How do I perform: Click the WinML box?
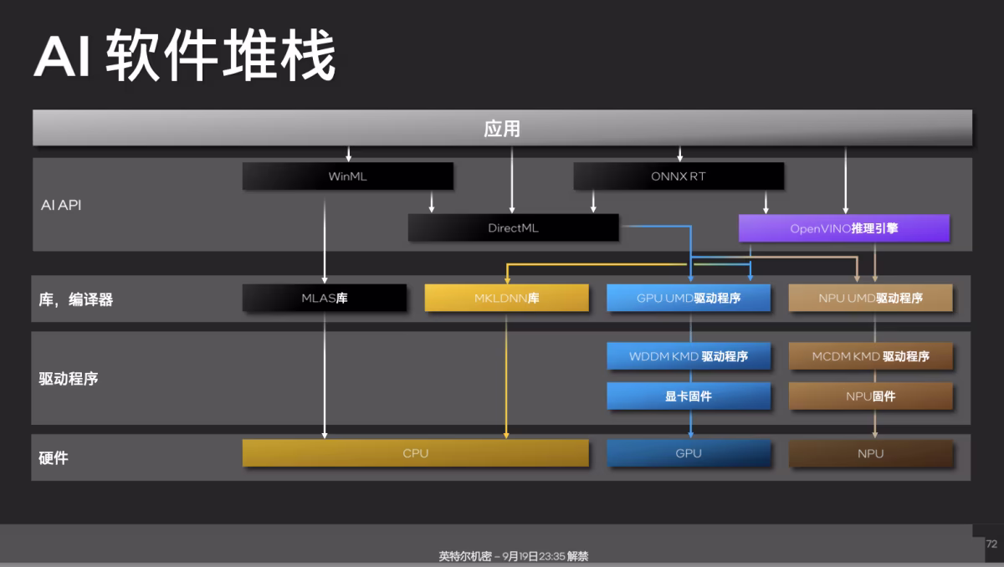tap(348, 176)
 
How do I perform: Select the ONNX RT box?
tap(679, 176)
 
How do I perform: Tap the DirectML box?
tap(513, 228)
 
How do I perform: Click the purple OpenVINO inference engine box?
tap(844, 228)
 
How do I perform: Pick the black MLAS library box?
tap(325, 298)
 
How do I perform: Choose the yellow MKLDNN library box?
tap(506, 298)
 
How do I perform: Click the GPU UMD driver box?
tap(689, 298)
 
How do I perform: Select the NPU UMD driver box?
tap(870, 298)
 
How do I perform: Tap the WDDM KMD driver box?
tap(689, 356)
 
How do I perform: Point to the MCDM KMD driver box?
tap(870, 356)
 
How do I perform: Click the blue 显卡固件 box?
tap(689, 396)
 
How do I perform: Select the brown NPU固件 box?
tap(870, 396)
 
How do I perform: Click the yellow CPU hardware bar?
tap(416, 453)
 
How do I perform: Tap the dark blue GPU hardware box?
tap(689, 453)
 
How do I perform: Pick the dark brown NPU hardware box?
tap(870, 453)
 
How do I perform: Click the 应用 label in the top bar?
tap(502, 129)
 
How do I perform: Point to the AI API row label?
tap(61, 205)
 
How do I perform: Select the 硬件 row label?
tap(54, 458)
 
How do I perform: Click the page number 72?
tap(991, 544)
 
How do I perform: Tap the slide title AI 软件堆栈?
tap(185, 55)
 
